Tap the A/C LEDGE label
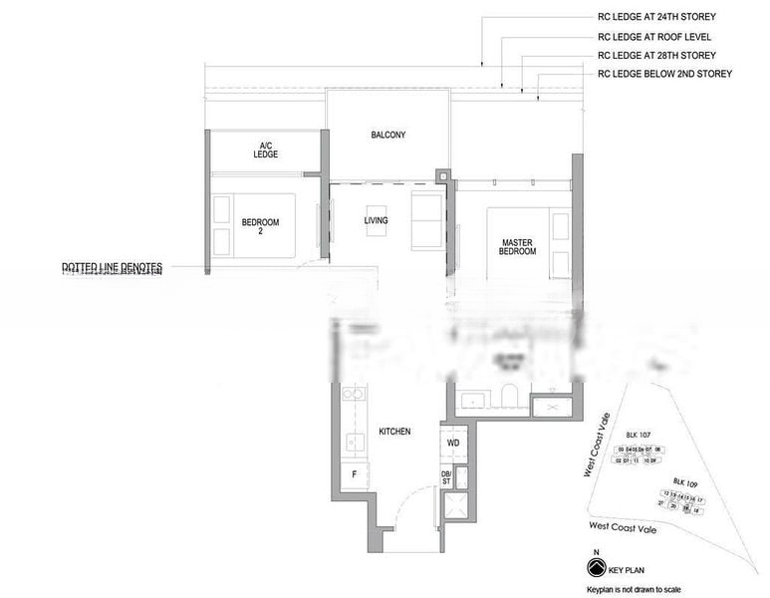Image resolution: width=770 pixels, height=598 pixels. [266, 150]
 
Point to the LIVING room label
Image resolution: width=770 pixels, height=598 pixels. [376, 220]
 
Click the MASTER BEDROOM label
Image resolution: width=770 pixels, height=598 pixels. [518, 246]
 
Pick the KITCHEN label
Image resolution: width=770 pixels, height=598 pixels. [394, 432]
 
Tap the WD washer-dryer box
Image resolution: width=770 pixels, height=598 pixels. [452, 442]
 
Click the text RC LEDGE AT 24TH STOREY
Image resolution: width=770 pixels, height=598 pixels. [656, 17]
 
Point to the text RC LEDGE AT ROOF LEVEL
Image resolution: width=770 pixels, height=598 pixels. [650, 36]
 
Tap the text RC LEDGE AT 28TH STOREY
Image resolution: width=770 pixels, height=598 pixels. [656, 55]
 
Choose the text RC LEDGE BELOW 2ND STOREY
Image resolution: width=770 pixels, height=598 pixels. [664, 74]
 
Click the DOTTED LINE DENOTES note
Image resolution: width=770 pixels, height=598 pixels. [112, 267]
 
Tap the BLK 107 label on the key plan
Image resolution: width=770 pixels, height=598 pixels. [638, 436]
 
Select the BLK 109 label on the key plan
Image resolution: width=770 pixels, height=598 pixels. [685, 480]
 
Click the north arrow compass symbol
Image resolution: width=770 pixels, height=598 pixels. [597, 566]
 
